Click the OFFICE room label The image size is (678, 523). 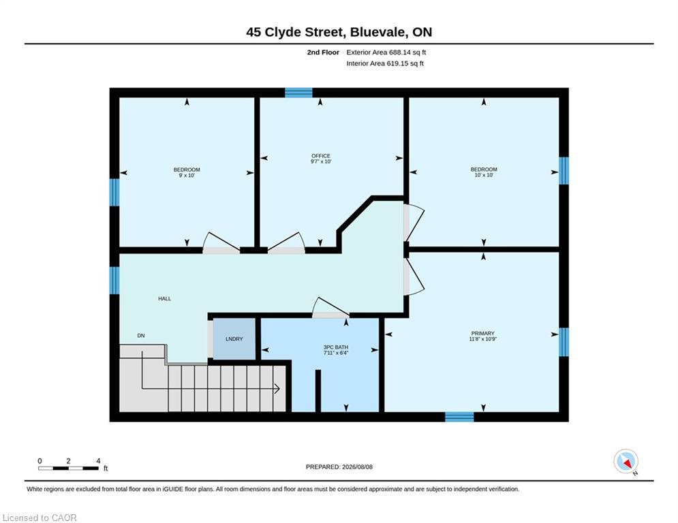(321, 156)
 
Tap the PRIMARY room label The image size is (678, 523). (482, 333)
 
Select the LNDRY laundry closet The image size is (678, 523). (234, 339)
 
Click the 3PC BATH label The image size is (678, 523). (335, 347)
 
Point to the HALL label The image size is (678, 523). (164, 299)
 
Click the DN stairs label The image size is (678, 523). (141, 336)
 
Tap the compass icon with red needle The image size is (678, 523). (626, 461)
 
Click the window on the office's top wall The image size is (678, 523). (298, 93)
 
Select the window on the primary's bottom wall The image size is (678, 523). (459, 417)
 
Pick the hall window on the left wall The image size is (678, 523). (114, 281)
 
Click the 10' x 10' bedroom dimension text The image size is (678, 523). (484, 175)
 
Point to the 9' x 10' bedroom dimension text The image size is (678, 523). (187, 176)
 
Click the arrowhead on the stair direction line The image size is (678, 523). (277, 389)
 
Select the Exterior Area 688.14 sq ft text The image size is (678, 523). (386, 52)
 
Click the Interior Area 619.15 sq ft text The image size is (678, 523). (385, 63)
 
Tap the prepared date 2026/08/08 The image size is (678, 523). (357, 466)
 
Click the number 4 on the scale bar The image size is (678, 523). (98, 461)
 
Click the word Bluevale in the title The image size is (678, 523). (378, 33)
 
